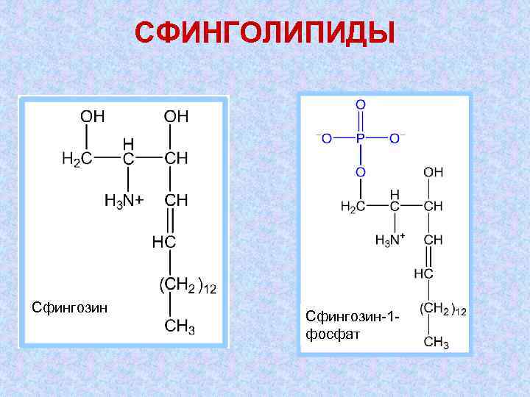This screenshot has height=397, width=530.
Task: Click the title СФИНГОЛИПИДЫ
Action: tap(265, 34)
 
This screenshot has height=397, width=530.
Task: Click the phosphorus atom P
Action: tap(361, 138)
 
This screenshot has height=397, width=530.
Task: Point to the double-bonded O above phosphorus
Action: tap(361, 105)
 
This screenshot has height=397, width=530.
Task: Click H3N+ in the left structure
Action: tap(124, 200)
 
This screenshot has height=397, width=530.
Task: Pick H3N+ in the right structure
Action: tap(390, 240)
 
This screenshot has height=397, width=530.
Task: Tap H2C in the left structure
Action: tap(77, 159)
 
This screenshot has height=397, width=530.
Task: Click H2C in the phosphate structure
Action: tap(352, 207)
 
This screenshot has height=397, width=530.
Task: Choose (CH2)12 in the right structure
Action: tap(442, 310)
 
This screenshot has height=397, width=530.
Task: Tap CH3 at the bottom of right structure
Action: tap(436, 342)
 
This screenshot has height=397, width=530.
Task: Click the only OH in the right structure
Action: tap(434, 172)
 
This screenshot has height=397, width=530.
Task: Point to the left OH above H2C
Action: tap(92, 116)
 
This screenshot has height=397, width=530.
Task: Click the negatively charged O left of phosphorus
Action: tap(325, 138)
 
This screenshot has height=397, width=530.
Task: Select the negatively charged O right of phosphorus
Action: tap(396, 138)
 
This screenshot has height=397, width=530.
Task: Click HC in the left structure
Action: tap(164, 241)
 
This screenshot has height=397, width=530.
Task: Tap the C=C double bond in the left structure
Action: tap(170, 220)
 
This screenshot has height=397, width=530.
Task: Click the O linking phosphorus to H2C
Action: tap(361, 172)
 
